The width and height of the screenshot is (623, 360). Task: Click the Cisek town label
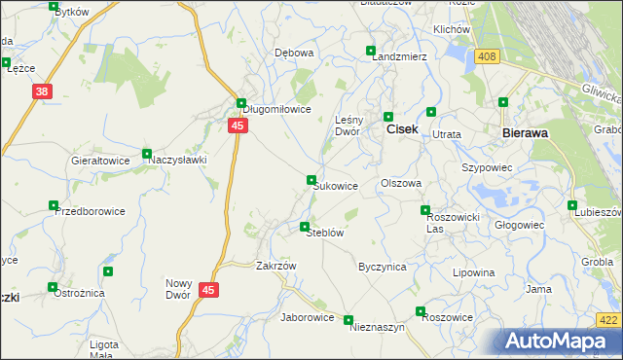[404, 127]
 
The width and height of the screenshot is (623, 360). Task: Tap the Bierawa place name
[529, 131]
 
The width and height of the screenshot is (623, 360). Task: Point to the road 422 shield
[607, 320]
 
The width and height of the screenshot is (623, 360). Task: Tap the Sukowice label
[336, 186]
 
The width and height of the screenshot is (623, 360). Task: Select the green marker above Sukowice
[311, 180]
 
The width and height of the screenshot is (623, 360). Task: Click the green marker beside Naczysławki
[147, 154]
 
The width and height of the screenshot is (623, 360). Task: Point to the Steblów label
[325, 234]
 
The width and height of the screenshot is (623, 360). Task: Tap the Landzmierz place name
[400, 56]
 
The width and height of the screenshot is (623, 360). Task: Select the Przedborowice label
[90, 211]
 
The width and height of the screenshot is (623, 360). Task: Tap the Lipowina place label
[474, 273]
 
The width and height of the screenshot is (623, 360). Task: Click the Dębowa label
[294, 53]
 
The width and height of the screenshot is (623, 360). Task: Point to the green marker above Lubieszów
[572, 204]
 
